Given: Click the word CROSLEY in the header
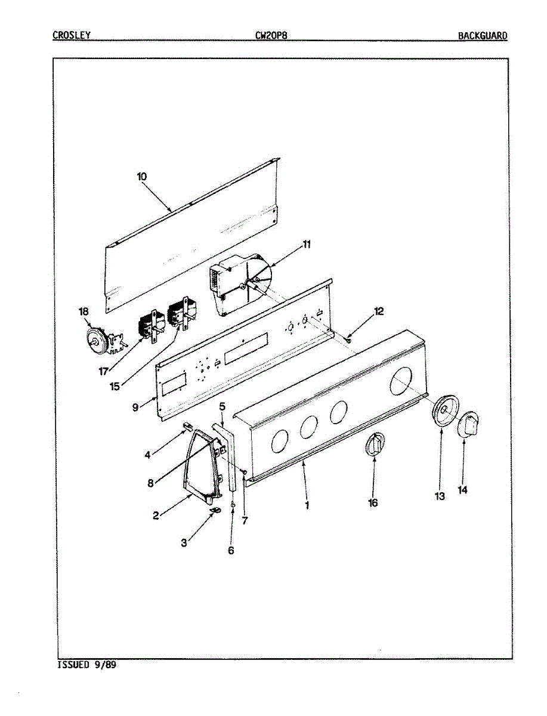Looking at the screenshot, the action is coord(72,35).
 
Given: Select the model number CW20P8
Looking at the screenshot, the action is coord(272,35).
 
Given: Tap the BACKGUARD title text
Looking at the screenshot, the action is coord(483,36).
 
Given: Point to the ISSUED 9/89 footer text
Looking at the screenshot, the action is coord(86,665).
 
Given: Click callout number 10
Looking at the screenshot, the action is coord(141,177).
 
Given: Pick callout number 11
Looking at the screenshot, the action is coord(307,244).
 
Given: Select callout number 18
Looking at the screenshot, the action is coord(83,311).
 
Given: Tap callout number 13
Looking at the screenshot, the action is coord(440,496).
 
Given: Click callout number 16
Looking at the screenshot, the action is coord(373,503).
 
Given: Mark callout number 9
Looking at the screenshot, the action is coord(135,407).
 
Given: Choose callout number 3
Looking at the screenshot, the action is coord(184,542).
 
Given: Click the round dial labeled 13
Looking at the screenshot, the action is coord(444,411).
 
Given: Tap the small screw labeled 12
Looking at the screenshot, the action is coord(348,340).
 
